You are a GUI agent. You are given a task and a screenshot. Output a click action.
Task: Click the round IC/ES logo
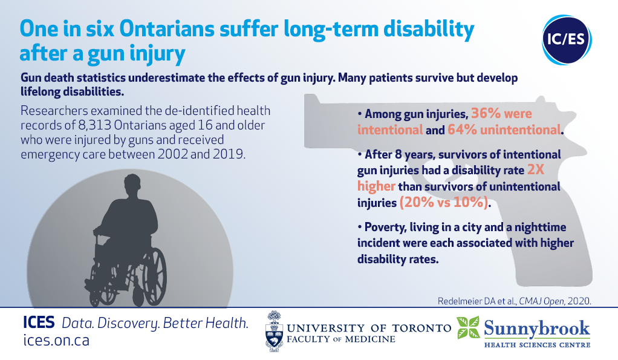click(x=567, y=40)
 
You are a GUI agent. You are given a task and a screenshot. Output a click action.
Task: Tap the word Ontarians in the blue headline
click(x=167, y=29)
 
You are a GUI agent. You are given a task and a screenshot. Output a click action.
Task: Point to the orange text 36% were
click(x=501, y=114)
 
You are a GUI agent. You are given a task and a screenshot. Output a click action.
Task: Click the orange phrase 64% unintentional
click(x=504, y=129)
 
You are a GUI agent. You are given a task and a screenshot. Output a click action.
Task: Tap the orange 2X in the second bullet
click(x=536, y=170)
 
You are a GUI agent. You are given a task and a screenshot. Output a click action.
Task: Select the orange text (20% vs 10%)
click(x=444, y=203)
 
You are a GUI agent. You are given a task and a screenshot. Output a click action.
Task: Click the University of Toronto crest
click(x=274, y=331)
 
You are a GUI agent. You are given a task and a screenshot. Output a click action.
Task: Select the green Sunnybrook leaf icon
click(x=468, y=327)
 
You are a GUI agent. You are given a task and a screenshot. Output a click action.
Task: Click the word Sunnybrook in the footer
click(x=536, y=329)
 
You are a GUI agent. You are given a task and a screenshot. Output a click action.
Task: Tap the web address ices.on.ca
click(x=56, y=340)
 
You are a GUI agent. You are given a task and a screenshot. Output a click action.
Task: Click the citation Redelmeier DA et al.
click(x=477, y=301)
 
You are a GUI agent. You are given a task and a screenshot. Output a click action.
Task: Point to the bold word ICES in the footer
click(x=39, y=322)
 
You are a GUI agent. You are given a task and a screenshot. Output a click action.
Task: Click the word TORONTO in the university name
click(x=421, y=328)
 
